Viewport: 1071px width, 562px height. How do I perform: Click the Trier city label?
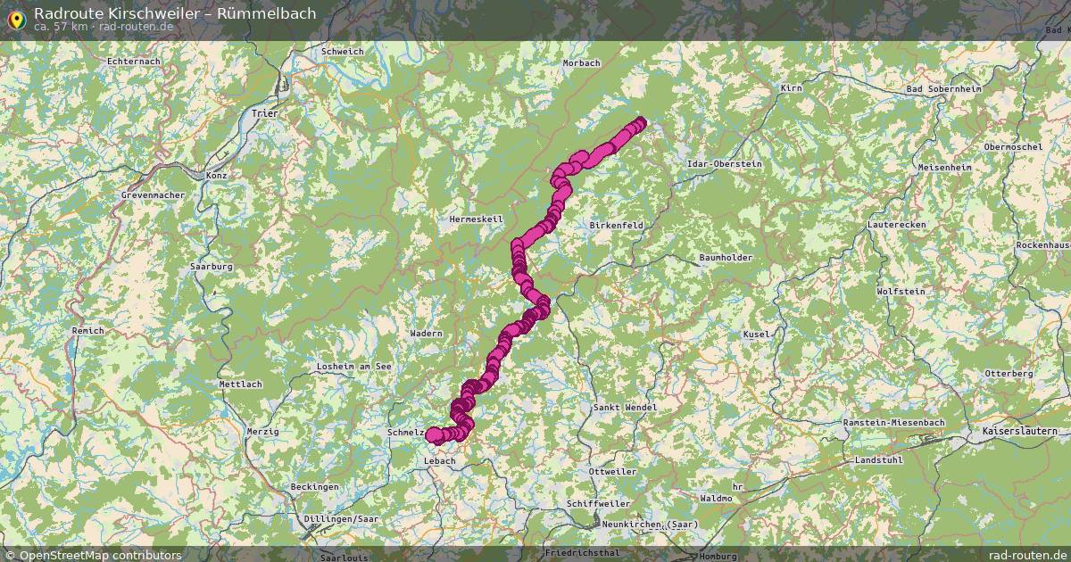click(265, 114)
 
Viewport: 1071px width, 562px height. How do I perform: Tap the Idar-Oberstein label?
click(724, 164)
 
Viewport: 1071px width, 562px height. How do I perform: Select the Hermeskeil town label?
click(477, 219)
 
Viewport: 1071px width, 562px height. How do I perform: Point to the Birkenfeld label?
click(616, 226)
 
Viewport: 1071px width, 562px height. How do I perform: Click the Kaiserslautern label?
click(1017, 432)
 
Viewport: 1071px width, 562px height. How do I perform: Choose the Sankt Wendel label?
click(625, 408)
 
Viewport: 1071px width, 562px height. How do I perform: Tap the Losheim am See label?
click(354, 367)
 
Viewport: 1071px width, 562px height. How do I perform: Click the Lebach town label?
click(439, 461)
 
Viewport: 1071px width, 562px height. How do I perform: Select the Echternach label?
click(133, 61)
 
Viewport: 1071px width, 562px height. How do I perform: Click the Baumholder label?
click(726, 258)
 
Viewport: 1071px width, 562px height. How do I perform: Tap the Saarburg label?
click(212, 267)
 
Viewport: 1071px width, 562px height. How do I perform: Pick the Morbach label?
click(582, 63)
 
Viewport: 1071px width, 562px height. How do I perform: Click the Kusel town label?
click(755, 335)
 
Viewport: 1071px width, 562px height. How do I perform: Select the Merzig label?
click(262, 432)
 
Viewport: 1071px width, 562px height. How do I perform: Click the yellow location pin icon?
click(15, 19)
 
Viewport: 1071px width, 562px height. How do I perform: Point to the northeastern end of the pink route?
click(640, 123)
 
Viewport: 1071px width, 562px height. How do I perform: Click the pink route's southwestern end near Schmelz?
click(432, 435)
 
